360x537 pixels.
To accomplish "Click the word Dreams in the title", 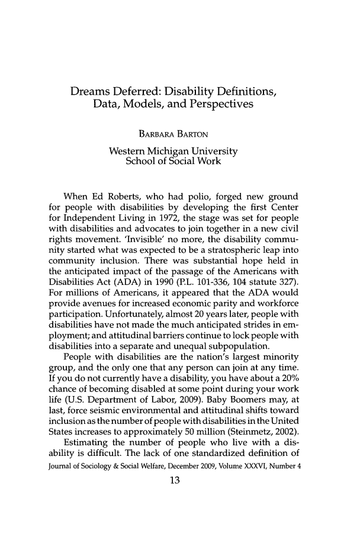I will click(95, 93).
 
